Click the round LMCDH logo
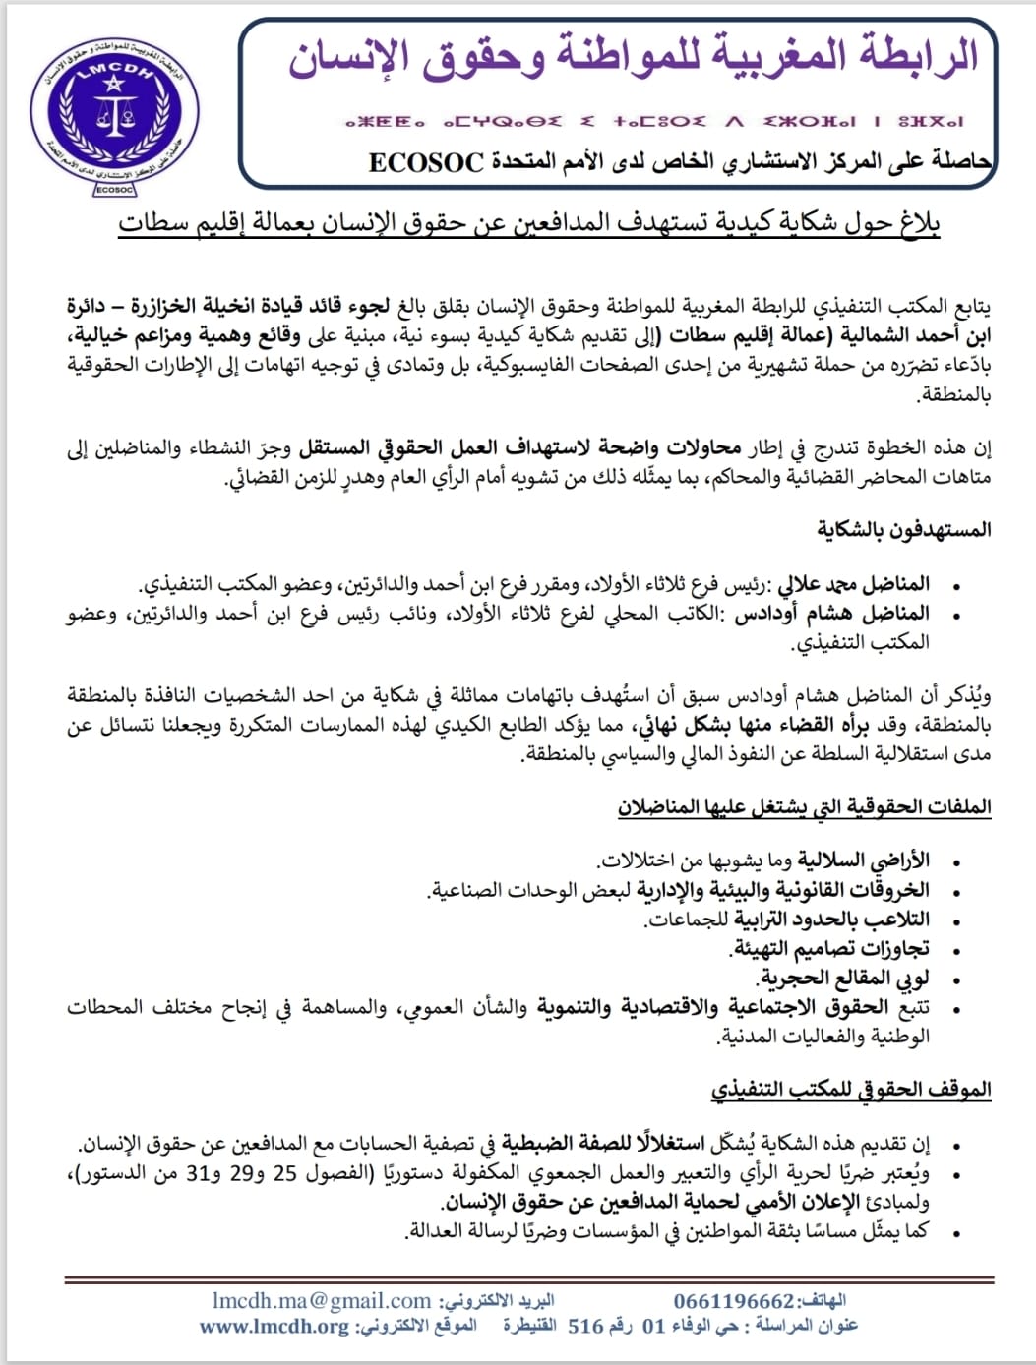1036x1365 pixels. coord(114,108)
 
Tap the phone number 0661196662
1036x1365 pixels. coord(733,1301)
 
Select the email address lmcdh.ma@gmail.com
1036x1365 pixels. coord(322,1301)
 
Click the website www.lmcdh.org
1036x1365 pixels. coord(274,1326)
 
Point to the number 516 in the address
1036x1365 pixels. coord(586,1326)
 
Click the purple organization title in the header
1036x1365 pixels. coord(634,56)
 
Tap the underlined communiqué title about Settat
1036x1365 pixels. coord(529,224)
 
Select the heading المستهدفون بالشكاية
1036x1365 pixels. coord(903,530)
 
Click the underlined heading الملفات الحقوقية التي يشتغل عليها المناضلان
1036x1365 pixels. coord(804,807)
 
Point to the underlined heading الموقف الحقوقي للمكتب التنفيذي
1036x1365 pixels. coord(851,1090)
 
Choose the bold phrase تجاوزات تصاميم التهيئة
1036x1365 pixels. coord(830,949)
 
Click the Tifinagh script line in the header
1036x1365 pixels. coord(654,122)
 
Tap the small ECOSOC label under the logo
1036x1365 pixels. coord(116,189)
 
